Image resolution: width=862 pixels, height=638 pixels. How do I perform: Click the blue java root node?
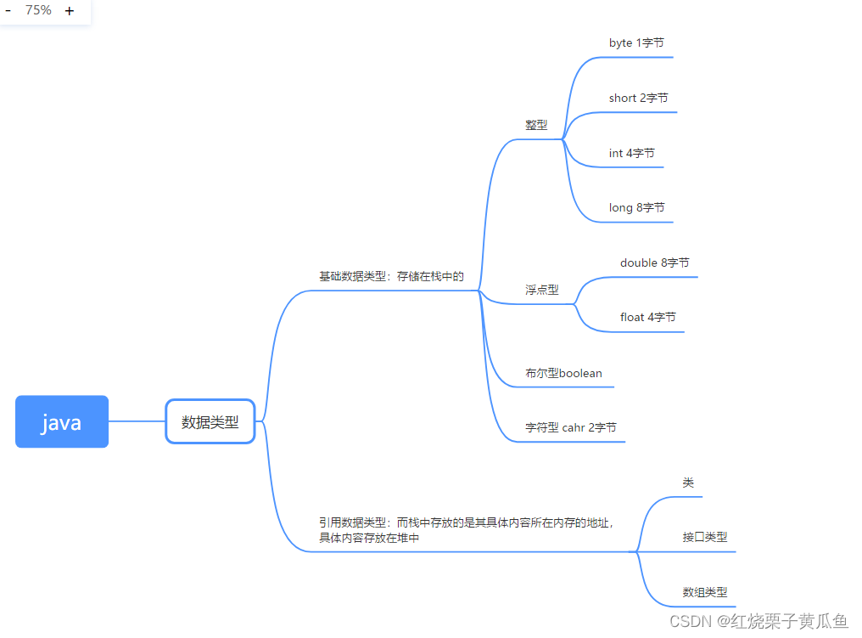click(x=62, y=421)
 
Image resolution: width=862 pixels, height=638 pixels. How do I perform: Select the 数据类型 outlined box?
click(x=210, y=421)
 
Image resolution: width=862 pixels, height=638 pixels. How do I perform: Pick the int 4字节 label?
click(x=631, y=154)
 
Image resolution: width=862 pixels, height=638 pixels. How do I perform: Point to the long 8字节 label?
click(x=636, y=207)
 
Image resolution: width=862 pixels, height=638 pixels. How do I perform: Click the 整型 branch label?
click(x=536, y=125)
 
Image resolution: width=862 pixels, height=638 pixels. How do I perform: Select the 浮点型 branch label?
click(x=541, y=290)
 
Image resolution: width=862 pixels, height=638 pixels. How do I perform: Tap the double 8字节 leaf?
click(x=654, y=263)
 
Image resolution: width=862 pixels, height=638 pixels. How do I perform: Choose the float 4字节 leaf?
click(x=647, y=317)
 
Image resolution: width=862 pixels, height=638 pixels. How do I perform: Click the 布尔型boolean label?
click(x=563, y=373)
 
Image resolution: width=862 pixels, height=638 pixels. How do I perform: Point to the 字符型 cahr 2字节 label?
click(x=570, y=427)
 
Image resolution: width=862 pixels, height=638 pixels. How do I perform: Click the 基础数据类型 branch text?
click(x=391, y=276)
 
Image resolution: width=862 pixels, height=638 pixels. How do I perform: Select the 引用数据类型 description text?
click(x=466, y=530)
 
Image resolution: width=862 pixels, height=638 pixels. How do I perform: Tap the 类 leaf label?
click(x=688, y=483)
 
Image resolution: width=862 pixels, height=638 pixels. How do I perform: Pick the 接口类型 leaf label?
click(x=704, y=537)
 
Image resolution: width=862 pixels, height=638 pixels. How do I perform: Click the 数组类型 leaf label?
click(x=704, y=592)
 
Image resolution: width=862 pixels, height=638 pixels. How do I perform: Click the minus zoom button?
click(x=8, y=11)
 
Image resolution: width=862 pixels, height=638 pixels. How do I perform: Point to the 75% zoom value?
click(x=38, y=10)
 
